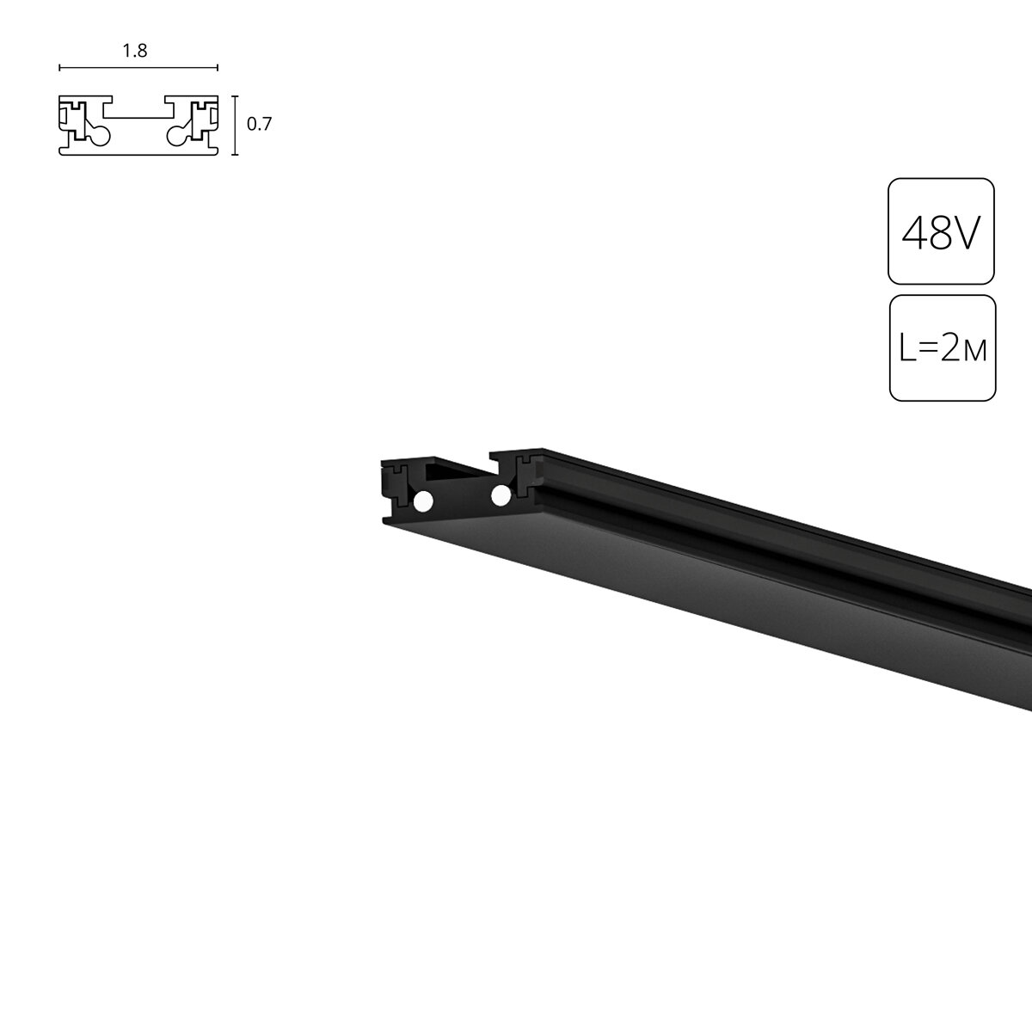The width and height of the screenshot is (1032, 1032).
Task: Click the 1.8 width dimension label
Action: point(135,51)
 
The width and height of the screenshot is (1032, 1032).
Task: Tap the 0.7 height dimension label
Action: point(259,124)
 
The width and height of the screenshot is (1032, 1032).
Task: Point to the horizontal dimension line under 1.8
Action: point(138,66)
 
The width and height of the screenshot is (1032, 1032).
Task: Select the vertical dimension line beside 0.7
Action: point(235,126)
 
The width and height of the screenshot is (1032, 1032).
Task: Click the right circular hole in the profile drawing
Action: point(176,134)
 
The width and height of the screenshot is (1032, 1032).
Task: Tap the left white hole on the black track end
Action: point(422,501)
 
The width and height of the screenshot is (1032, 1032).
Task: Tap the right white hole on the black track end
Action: point(498,494)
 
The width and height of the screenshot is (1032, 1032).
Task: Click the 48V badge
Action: point(941,230)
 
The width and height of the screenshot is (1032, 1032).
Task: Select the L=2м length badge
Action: point(943,347)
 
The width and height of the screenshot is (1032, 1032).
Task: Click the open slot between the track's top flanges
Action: point(460,469)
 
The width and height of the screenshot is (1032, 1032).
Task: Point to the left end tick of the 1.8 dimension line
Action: point(59,66)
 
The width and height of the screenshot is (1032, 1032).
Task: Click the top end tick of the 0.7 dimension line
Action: point(235,97)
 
